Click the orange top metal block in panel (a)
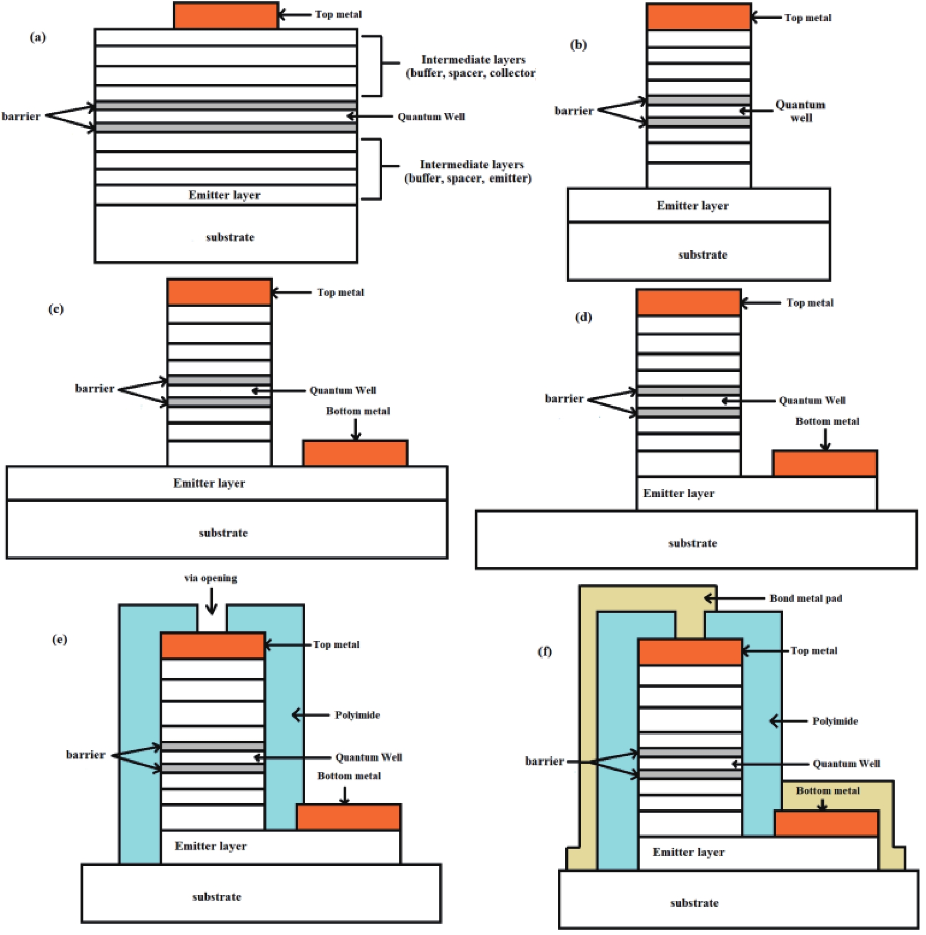tap(226, 16)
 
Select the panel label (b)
tap(578, 45)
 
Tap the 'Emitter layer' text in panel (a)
tap(224, 195)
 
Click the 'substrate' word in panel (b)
tap(703, 255)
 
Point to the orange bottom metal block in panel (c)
tap(355, 453)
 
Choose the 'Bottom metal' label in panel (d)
tap(827, 421)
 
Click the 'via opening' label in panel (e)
tap(210, 578)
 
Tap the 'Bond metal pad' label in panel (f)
tap(805, 598)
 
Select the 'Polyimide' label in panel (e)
tap(357, 715)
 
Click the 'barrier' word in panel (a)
tap(21, 116)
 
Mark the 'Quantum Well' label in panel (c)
tap(343, 390)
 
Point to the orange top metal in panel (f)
tap(690, 653)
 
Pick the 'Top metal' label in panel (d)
tap(810, 303)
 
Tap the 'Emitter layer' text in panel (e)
tap(210, 846)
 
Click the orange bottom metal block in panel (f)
tap(826, 824)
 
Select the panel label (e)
tap(59, 639)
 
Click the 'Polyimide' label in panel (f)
tap(834, 721)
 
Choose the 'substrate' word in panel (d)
tap(692, 543)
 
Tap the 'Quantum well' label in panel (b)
tap(800, 111)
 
